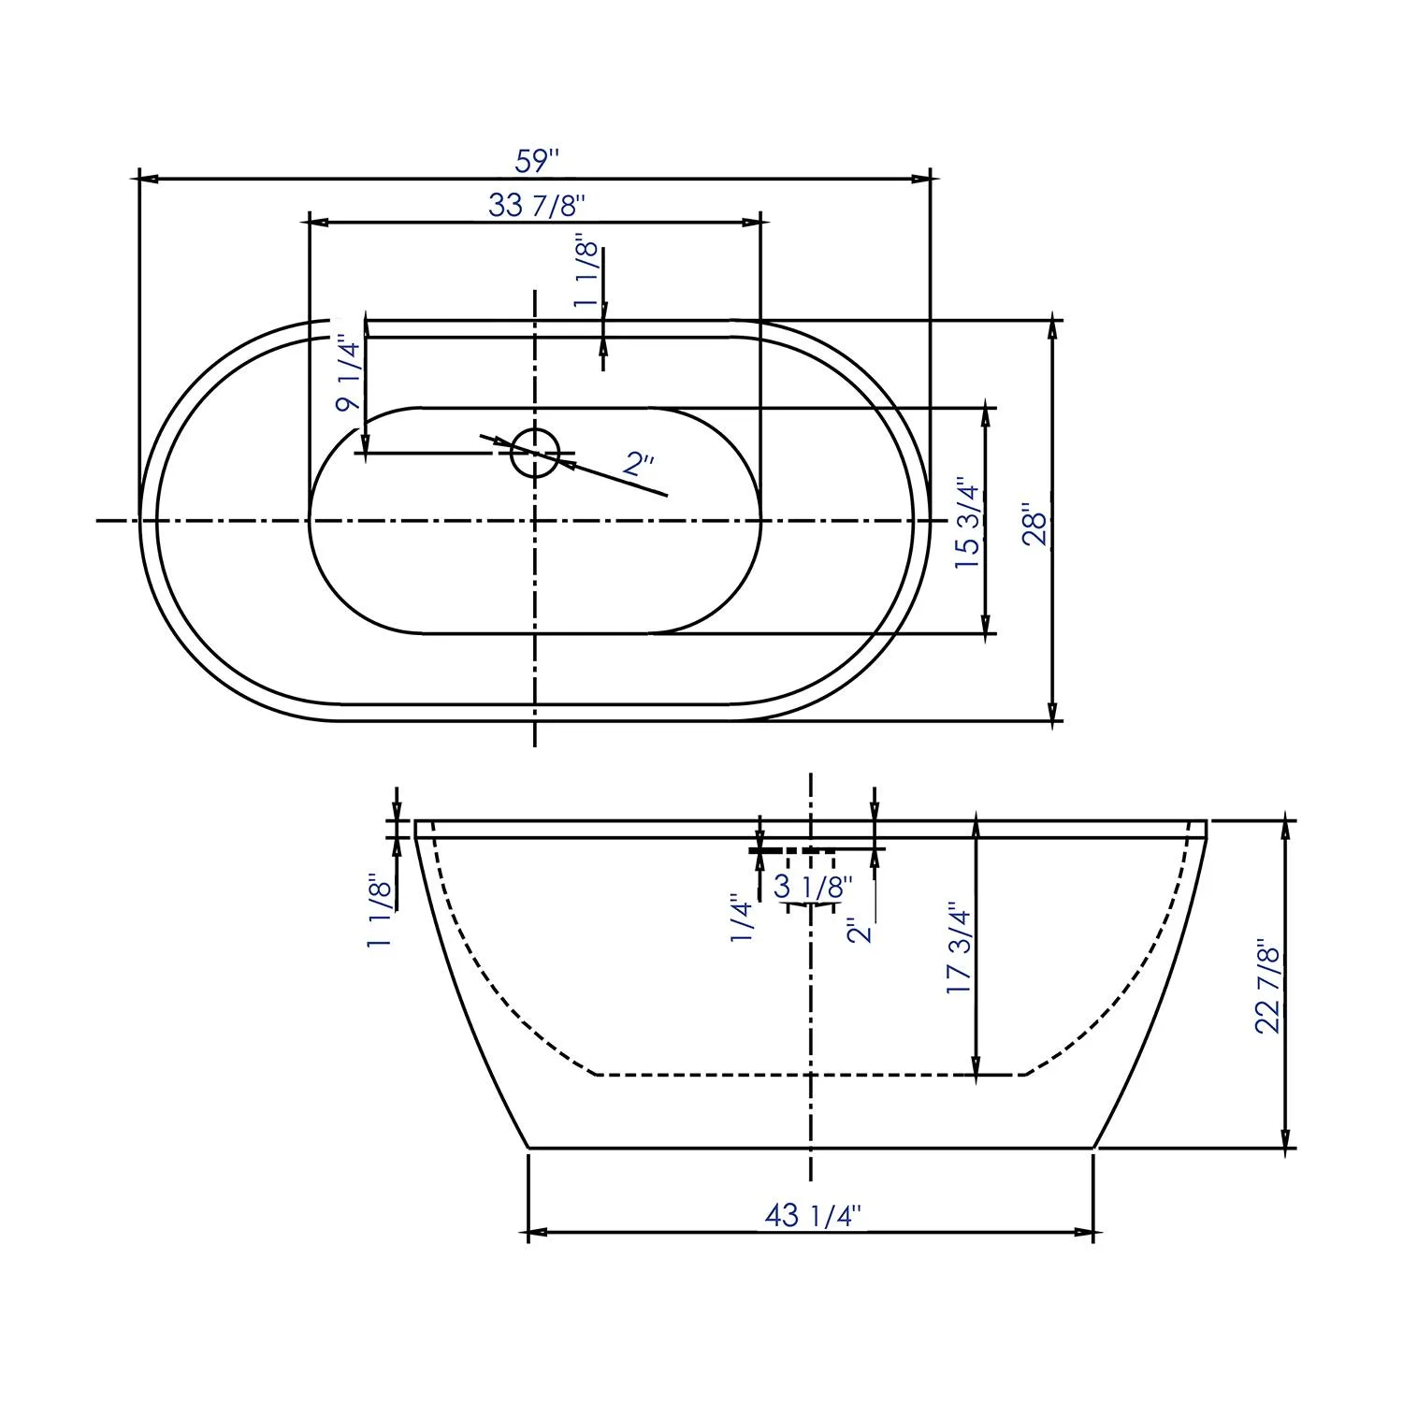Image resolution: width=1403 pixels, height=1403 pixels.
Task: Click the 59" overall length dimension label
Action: [536, 161]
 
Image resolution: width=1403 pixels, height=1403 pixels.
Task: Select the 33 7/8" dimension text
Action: [536, 205]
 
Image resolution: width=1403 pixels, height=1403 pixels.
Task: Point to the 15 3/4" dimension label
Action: [967, 528]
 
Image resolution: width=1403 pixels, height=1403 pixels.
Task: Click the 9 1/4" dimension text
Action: [348, 374]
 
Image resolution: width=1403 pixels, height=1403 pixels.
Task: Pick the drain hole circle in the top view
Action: [535, 453]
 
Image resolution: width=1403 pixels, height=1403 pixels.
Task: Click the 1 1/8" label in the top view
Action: [586, 272]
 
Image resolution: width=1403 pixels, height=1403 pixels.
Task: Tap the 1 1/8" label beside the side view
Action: [380, 912]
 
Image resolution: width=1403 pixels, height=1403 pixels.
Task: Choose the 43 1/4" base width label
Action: [812, 1215]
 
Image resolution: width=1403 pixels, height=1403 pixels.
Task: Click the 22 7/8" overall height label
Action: [1266, 986]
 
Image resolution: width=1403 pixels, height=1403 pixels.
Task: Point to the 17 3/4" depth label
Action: [960, 948]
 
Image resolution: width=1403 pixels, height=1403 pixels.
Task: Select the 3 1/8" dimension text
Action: [813, 886]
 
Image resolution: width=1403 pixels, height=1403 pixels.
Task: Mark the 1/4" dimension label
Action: [742, 918]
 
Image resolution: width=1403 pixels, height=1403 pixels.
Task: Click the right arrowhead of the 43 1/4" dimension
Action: [1085, 1233]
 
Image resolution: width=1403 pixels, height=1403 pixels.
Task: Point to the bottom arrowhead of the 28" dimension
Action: [1053, 712]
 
